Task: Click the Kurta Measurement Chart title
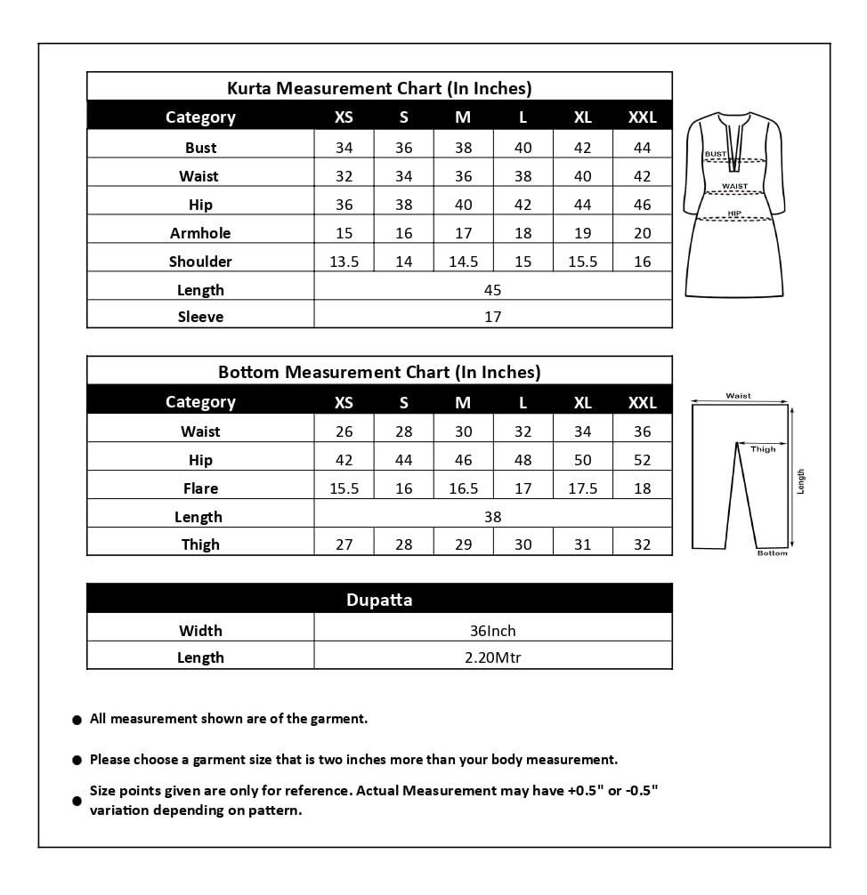pos(379,88)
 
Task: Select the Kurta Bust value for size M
pos(463,148)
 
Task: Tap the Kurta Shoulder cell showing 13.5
pos(344,262)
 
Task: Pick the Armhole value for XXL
pos(642,233)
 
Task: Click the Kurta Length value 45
pos(492,290)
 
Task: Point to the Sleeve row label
pos(200,317)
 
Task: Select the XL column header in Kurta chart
pos(582,117)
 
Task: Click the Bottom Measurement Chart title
pos(379,372)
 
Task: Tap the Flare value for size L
pos(523,488)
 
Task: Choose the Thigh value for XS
pos(344,544)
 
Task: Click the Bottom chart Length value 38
pos(492,517)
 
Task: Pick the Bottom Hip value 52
pos(642,460)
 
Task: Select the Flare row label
pos(200,488)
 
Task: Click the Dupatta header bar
pos(379,600)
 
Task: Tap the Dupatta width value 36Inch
pos(492,631)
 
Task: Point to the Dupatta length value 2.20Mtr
pos(492,657)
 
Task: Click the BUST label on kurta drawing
pos(715,154)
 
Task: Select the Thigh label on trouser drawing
pos(763,449)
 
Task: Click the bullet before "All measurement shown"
pos(77,720)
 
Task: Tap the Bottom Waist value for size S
pos(403,431)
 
